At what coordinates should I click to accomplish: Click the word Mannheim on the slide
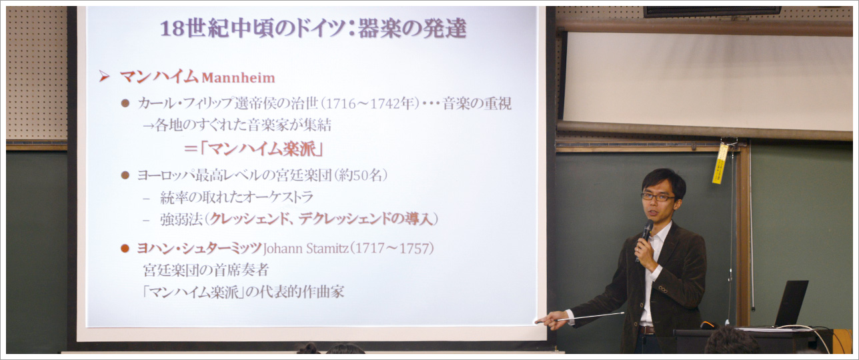[x=239, y=78]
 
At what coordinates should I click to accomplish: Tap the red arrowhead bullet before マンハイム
[x=103, y=77]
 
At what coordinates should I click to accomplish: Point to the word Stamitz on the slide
[x=327, y=249]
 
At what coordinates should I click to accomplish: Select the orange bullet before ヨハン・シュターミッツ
[x=125, y=249]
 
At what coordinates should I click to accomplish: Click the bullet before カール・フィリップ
[x=125, y=103]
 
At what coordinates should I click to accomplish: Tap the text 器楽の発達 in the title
[x=412, y=29]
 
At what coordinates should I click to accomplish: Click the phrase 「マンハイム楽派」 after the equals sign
[x=262, y=149]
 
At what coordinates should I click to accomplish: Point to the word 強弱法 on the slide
[x=181, y=220]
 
